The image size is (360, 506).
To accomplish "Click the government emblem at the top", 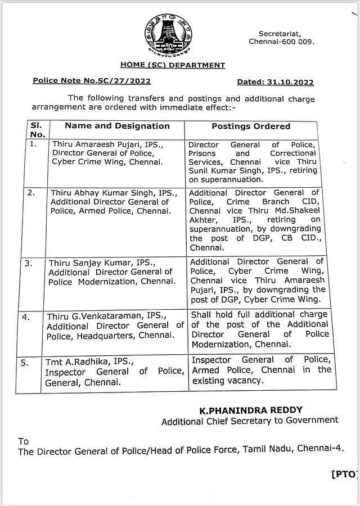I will click(x=168, y=34).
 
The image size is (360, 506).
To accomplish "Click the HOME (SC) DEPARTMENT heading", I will click(x=172, y=65).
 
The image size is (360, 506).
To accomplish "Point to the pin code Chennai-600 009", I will click(x=282, y=42).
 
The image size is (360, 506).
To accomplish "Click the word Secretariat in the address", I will click(x=280, y=34).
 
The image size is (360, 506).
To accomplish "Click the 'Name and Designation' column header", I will click(x=117, y=126).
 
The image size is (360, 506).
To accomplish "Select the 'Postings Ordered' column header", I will click(x=251, y=126).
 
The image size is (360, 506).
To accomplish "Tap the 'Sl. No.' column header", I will click(x=37, y=130).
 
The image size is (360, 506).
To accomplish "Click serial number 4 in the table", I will click(x=25, y=317).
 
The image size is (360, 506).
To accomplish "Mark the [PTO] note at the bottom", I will click(x=344, y=475).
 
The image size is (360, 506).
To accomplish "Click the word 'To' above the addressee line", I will click(x=23, y=441).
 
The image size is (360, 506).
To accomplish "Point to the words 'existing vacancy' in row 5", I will click(x=227, y=381).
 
